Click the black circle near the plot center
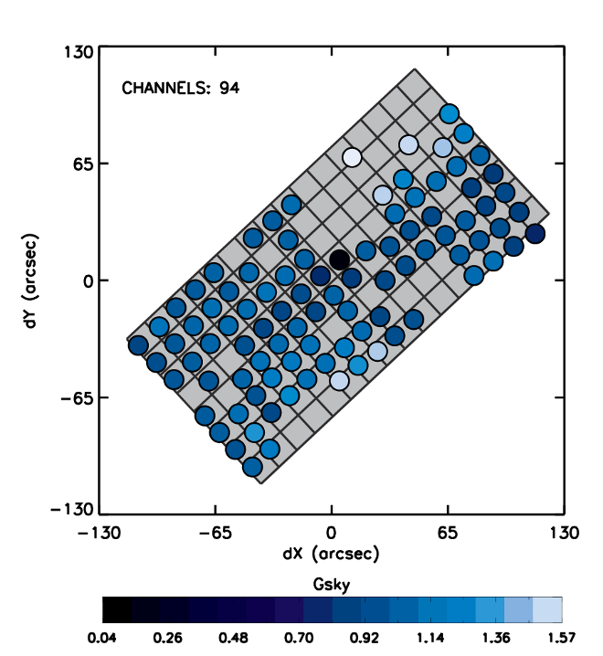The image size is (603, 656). coord(339,259)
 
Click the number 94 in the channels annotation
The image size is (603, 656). coord(229,89)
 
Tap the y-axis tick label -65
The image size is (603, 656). coord(69,397)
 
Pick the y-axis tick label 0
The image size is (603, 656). coord(80,280)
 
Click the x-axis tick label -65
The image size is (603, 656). coord(215,533)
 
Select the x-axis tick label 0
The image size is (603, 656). coord(332,533)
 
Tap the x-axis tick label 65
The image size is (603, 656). coord(448,533)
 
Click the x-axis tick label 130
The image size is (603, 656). coord(564,533)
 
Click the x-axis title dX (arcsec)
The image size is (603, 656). coord(332,554)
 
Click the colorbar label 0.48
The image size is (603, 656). coord(223,636)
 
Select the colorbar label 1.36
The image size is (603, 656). coord(494,636)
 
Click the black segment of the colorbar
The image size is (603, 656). coord(116,609)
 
